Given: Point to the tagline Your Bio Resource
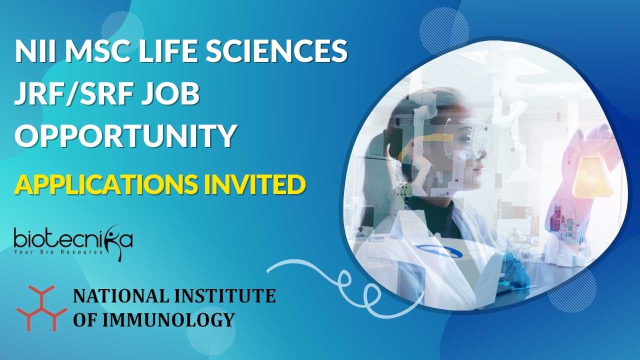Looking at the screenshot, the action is point(58,252).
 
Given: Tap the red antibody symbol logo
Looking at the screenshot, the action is point(41,308).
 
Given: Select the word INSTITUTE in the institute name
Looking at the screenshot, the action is point(225,295).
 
